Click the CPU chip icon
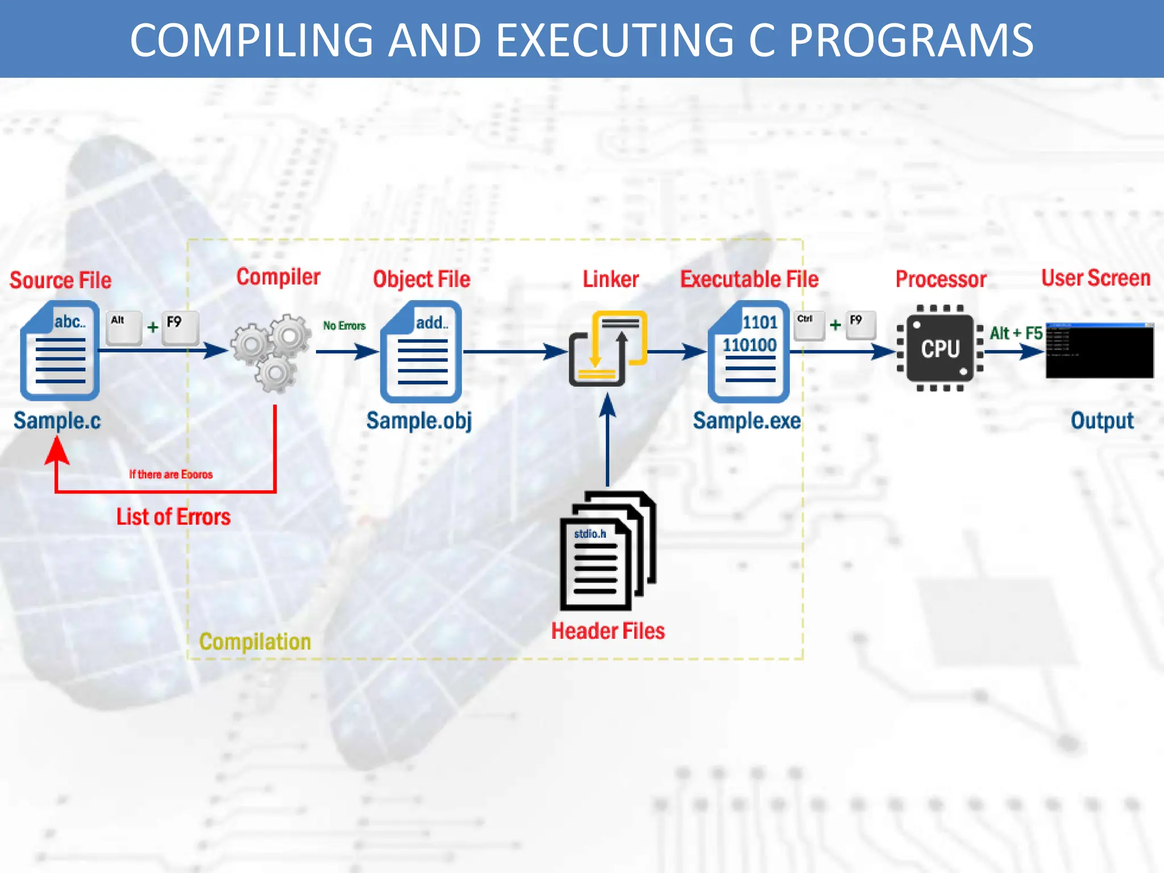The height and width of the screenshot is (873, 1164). coord(940,348)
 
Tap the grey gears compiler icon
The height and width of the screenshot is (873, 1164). coord(272,352)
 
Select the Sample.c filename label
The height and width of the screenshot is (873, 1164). coord(57,421)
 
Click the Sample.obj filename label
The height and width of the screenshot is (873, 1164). coord(419,421)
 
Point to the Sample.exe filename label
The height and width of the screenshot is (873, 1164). coord(746,421)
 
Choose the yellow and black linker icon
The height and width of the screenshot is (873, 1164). coord(607,348)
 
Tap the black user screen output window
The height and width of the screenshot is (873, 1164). coord(1099,351)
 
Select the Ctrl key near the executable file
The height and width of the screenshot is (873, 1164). coord(808,325)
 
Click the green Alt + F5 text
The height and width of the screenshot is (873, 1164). coord(1016,333)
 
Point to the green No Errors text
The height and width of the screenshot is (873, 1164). coord(344,326)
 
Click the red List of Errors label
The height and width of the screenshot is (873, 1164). coord(173,517)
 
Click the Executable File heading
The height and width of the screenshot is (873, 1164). coord(749,279)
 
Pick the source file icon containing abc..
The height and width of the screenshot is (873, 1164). coord(60,351)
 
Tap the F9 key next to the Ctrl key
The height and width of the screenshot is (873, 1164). coord(860,325)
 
